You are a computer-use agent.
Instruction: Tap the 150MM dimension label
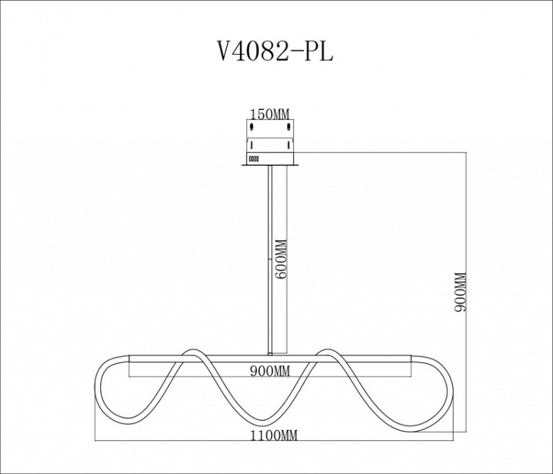pyautogui.click(x=269, y=114)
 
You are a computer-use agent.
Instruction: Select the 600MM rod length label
pyautogui.click(x=281, y=260)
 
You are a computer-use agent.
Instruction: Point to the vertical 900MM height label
pyautogui.click(x=460, y=292)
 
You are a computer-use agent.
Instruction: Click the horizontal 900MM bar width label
pyautogui.click(x=269, y=370)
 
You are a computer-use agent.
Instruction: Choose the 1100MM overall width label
pyautogui.click(x=274, y=435)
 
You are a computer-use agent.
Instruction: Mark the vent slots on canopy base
pyautogui.click(x=254, y=158)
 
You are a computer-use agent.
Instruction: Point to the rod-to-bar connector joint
pyautogui.click(x=270, y=351)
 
